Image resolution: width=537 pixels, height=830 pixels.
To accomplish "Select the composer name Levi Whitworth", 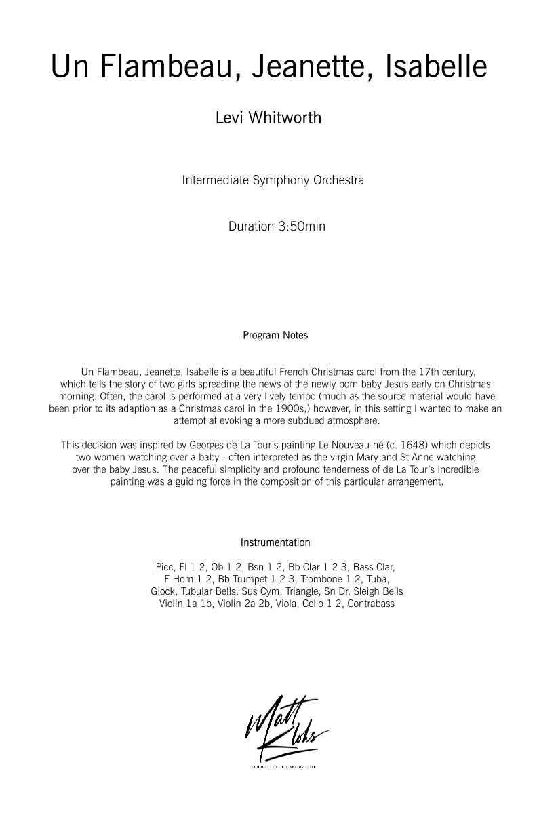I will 268,117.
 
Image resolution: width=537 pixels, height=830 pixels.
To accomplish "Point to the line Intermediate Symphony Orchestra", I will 273,181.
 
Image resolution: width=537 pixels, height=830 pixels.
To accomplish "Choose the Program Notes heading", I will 275,335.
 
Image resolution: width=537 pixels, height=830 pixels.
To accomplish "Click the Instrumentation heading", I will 275,542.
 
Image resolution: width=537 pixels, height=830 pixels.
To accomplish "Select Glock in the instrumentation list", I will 164,591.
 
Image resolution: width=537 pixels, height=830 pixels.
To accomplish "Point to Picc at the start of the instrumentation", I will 165,567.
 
